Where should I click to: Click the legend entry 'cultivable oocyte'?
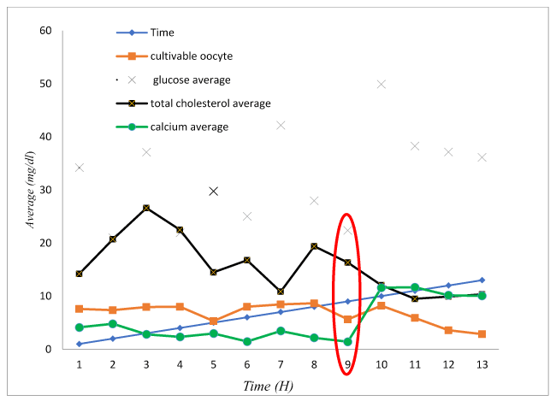coord(192,56)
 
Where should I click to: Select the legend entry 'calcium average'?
coord(190,127)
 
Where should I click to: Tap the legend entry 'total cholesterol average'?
coord(210,103)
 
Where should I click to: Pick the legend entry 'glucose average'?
coord(192,80)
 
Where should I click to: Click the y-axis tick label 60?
coord(45,31)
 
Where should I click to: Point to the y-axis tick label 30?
coord(45,190)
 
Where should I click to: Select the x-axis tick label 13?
coord(482,364)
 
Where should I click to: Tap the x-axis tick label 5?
coord(214,364)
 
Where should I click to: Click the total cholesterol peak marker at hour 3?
coord(146,208)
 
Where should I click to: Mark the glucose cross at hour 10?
coord(382,84)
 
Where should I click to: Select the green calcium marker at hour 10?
coord(382,288)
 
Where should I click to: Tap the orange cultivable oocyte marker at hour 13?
coord(482,334)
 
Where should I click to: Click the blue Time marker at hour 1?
coord(80,344)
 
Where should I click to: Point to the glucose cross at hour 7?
coord(281,125)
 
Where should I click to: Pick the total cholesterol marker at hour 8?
coord(314,246)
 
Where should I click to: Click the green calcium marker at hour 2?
coord(113,324)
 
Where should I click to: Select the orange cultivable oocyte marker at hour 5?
coord(214,321)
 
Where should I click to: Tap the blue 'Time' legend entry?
coord(163,32)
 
